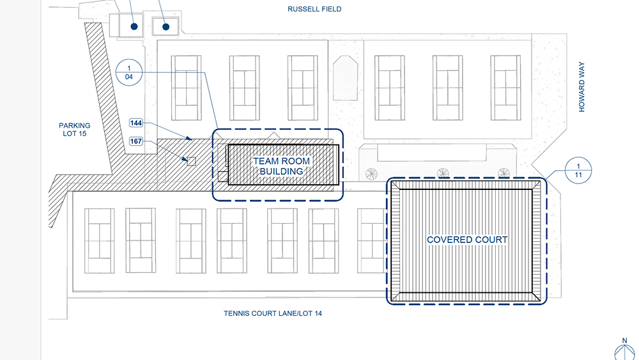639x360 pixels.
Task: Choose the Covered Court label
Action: (x=467, y=240)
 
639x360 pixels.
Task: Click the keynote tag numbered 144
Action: (x=135, y=123)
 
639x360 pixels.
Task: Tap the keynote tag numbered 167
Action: (x=135, y=141)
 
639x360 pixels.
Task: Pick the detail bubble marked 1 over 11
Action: (x=578, y=170)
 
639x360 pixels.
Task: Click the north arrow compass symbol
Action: (x=623, y=351)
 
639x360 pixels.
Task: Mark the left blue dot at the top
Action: (x=134, y=26)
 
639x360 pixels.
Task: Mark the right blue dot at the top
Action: (x=166, y=26)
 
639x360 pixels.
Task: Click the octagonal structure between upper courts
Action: (x=345, y=77)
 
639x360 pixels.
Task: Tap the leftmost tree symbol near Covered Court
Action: (x=371, y=173)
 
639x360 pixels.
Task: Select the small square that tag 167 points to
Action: (x=190, y=161)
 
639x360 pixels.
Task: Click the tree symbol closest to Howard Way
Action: (x=504, y=173)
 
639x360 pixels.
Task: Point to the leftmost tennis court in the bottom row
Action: (x=100, y=240)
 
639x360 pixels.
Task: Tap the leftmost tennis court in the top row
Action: (x=186, y=86)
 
